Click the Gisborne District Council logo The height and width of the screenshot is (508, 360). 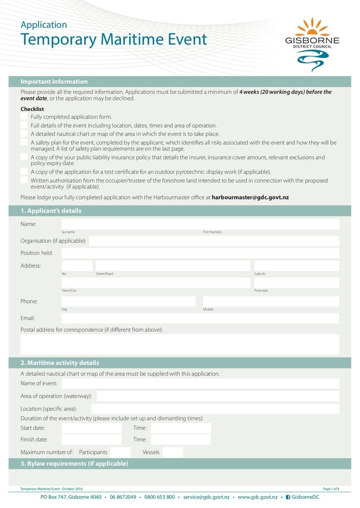tap(312, 42)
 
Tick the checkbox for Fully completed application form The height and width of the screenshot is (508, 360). tap(24, 117)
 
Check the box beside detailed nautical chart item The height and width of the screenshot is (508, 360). tap(24, 134)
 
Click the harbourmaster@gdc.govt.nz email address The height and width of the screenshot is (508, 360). tap(250, 197)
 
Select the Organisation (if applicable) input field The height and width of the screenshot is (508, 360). tap(214, 241)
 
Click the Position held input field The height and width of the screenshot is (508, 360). tap(200, 253)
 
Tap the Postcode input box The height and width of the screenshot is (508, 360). tap(296, 283)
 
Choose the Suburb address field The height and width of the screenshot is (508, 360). tap(296, 266)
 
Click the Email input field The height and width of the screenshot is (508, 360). tap(200, 318)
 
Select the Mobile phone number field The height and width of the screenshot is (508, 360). tap(270, 301)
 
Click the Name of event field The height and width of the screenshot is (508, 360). tap(200, 383)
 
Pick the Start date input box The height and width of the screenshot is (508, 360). tap(91, 428)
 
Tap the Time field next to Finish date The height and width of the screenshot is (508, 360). tap(180, 440)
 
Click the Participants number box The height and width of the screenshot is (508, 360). tap(120, 452)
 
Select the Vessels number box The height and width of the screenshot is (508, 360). tap(173, 452)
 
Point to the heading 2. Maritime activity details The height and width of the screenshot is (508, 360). tap(60, 363)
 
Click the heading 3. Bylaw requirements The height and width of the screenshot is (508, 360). tap(74, 463)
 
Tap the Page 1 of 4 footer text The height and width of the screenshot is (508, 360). tap(331, 489)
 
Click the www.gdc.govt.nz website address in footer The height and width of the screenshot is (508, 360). tap(257, 497)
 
